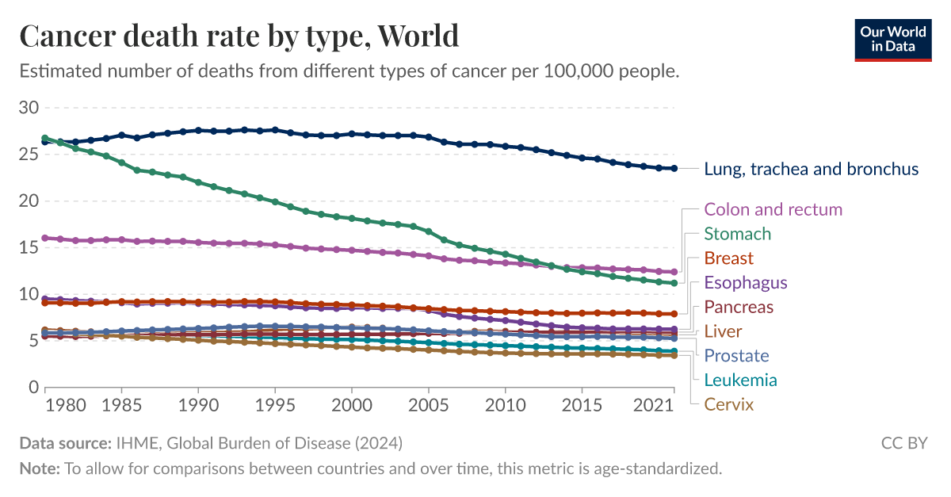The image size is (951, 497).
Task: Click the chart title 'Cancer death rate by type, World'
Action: coord(239,36)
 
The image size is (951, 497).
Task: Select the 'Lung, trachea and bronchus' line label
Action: coord(811,169)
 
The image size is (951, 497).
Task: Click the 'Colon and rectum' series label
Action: coord(773,209)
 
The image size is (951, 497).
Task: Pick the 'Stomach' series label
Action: coord(737,234)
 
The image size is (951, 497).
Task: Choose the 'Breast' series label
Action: coord(728,258)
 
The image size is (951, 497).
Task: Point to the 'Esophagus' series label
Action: coord(745,283)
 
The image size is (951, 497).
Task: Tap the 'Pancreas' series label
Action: coord(738,307)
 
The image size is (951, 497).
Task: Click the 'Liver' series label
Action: coord(723,331)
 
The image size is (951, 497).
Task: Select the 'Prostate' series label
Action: coord(736,356)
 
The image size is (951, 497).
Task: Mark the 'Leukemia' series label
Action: coord(740,380)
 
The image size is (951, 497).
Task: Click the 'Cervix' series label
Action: coord(728,404)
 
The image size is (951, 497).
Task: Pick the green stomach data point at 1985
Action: coord(121,162)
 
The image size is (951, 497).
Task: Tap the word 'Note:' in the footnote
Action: coord(39,468)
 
